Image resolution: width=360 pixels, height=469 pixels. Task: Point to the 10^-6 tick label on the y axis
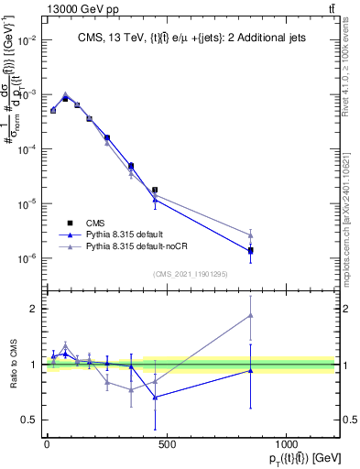coord(27,258)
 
